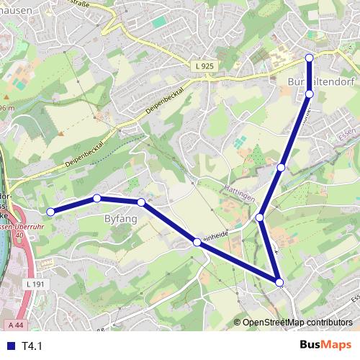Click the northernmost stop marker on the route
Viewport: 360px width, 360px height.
click(x=310, y=57)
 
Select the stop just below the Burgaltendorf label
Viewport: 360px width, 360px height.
click(x=310, y=94)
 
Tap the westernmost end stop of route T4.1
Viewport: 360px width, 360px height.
click(x=50, y=212)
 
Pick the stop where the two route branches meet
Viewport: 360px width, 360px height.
click(x=260, y=217)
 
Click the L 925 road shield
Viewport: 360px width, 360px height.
click(x=204, y=66)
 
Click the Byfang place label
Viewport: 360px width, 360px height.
click(x=120, y=217)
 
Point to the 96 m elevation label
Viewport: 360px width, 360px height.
click(x=7, y=107)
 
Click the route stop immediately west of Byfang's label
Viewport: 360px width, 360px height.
click(x=96, y=197)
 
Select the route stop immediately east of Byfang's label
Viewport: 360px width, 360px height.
click(x=141, y=202)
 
